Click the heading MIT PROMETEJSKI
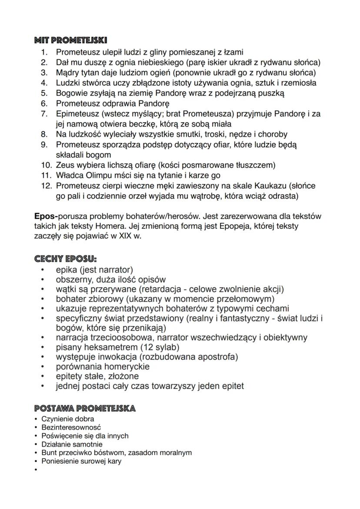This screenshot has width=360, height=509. click(x=70, y=41)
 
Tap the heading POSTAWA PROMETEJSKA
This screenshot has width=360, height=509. click(x=85, y=408)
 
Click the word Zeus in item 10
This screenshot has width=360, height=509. click(x=65, y=165)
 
